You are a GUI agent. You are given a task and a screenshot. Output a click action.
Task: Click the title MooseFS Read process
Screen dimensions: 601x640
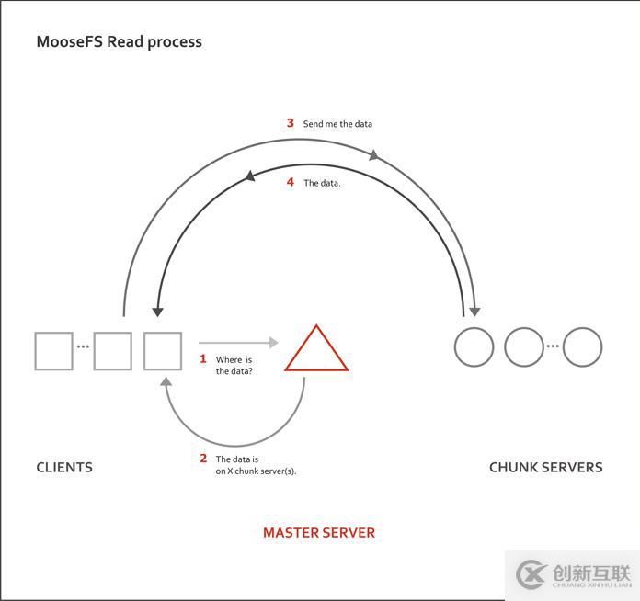(x=119, y=41)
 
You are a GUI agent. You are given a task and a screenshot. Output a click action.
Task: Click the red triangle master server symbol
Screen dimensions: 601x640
(x=316, y=351)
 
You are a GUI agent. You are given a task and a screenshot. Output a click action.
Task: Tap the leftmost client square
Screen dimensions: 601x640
(x=53, y=351)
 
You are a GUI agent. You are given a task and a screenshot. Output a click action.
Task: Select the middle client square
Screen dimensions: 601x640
(x=113, y=351)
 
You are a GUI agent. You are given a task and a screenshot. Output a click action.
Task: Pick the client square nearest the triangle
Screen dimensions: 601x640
(x=163, y=351)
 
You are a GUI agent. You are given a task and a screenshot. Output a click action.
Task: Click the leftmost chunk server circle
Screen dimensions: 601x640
(x=474, y=347)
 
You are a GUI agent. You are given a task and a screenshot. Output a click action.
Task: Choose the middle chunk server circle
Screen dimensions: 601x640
(x=524, y=347)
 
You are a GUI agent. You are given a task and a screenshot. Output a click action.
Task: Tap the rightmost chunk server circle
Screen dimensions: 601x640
(x=582, y=347)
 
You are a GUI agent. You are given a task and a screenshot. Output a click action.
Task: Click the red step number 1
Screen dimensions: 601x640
(x=203, y=358)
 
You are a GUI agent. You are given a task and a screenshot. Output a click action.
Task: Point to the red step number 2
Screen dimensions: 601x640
(x=203, y=458)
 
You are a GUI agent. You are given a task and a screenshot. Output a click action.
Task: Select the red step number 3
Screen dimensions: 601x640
(x=290, y=123)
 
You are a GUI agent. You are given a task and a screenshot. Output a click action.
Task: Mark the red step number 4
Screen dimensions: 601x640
(x=290, y=182)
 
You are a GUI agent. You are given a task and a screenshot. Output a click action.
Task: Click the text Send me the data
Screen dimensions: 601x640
(x=337, y=124)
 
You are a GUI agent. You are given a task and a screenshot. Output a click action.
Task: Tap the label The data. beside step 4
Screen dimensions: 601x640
(x=322, y=183)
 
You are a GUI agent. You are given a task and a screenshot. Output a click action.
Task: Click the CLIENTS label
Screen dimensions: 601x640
(x=64, y=467)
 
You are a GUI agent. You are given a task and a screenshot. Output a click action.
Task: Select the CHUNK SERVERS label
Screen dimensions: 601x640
(x=545, y=467)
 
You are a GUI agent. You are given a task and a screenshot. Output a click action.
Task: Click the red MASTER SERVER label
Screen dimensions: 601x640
(x=318, y=532)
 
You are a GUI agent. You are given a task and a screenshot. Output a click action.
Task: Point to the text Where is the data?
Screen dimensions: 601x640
(x=234, y=366)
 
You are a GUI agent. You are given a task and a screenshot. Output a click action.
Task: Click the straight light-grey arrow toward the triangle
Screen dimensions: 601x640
(x=237, y=343)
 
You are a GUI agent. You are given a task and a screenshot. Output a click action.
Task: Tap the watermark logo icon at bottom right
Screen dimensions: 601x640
(x=531, y=573)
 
